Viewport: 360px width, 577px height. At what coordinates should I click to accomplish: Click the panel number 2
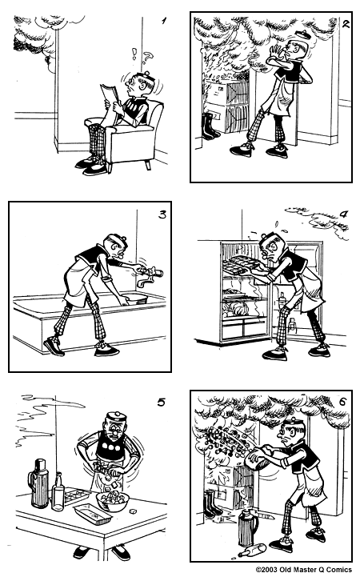pos(346,22)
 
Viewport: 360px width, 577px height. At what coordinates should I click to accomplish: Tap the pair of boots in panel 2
pos(209,126)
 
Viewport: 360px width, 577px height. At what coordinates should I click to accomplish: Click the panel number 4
pos(343,214)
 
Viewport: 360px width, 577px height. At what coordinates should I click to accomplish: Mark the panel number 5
pos(161,403)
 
